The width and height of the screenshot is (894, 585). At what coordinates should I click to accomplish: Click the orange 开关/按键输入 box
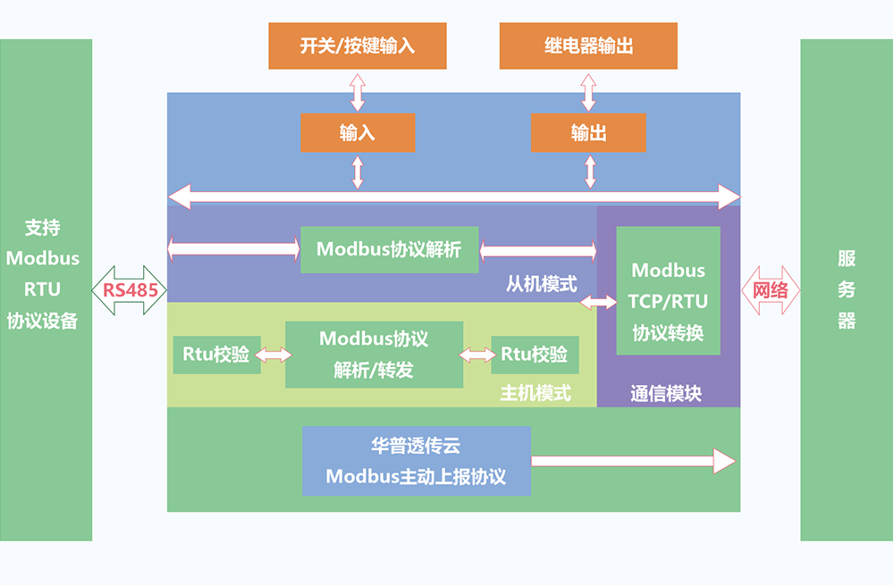coord(356,46)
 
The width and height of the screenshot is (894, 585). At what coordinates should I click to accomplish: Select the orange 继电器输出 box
coord(587,46)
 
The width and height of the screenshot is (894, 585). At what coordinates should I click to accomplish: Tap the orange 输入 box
coord(358,133)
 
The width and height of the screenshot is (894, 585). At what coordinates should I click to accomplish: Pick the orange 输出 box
coord(587,133)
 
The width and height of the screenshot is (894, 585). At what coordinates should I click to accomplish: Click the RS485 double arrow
coord(130,290)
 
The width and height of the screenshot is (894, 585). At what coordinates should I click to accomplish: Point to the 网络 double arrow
coord(770,290)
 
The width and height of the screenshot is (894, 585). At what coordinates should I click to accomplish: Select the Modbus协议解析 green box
coord(389,249)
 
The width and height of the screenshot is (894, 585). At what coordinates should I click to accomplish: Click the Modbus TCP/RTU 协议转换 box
coord(668,290)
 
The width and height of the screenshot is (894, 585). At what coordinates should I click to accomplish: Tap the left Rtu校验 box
coord(215,355)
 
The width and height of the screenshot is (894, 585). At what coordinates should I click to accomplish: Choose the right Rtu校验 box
coord(535,355)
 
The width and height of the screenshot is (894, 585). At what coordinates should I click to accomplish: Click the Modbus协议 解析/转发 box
coord(374,355)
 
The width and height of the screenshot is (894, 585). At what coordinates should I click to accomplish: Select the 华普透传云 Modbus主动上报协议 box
coord(416,461)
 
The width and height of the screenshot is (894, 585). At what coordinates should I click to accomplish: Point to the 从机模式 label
coord(541,285)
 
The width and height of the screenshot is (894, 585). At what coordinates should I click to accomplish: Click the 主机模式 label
coord(535,393)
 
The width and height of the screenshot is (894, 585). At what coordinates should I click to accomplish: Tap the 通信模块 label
coord(666,393)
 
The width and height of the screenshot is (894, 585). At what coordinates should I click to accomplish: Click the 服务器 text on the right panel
coord(846,290)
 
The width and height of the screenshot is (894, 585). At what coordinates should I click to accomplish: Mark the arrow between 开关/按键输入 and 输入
coord(358,91)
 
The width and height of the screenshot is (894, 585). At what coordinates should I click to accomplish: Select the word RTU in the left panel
coord(43,289)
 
